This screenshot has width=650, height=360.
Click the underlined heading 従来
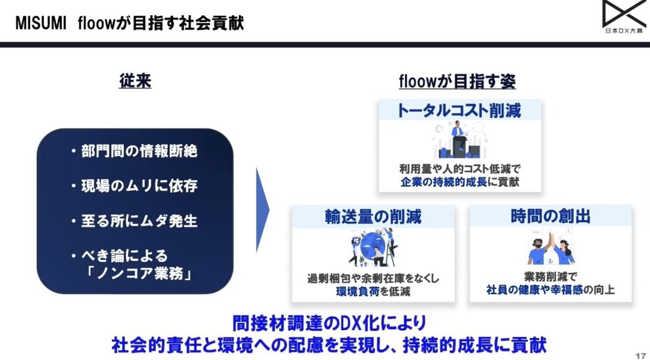pos(135,82)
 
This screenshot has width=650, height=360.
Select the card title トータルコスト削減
pos(459,111)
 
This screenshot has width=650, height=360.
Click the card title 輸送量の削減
pos(373,217)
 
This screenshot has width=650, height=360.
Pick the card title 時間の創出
pos(550,217)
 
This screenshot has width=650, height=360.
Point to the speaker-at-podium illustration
pos(458,140)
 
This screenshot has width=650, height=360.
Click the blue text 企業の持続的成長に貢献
pos(459,181)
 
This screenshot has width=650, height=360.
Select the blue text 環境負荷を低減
pos(373,291)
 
